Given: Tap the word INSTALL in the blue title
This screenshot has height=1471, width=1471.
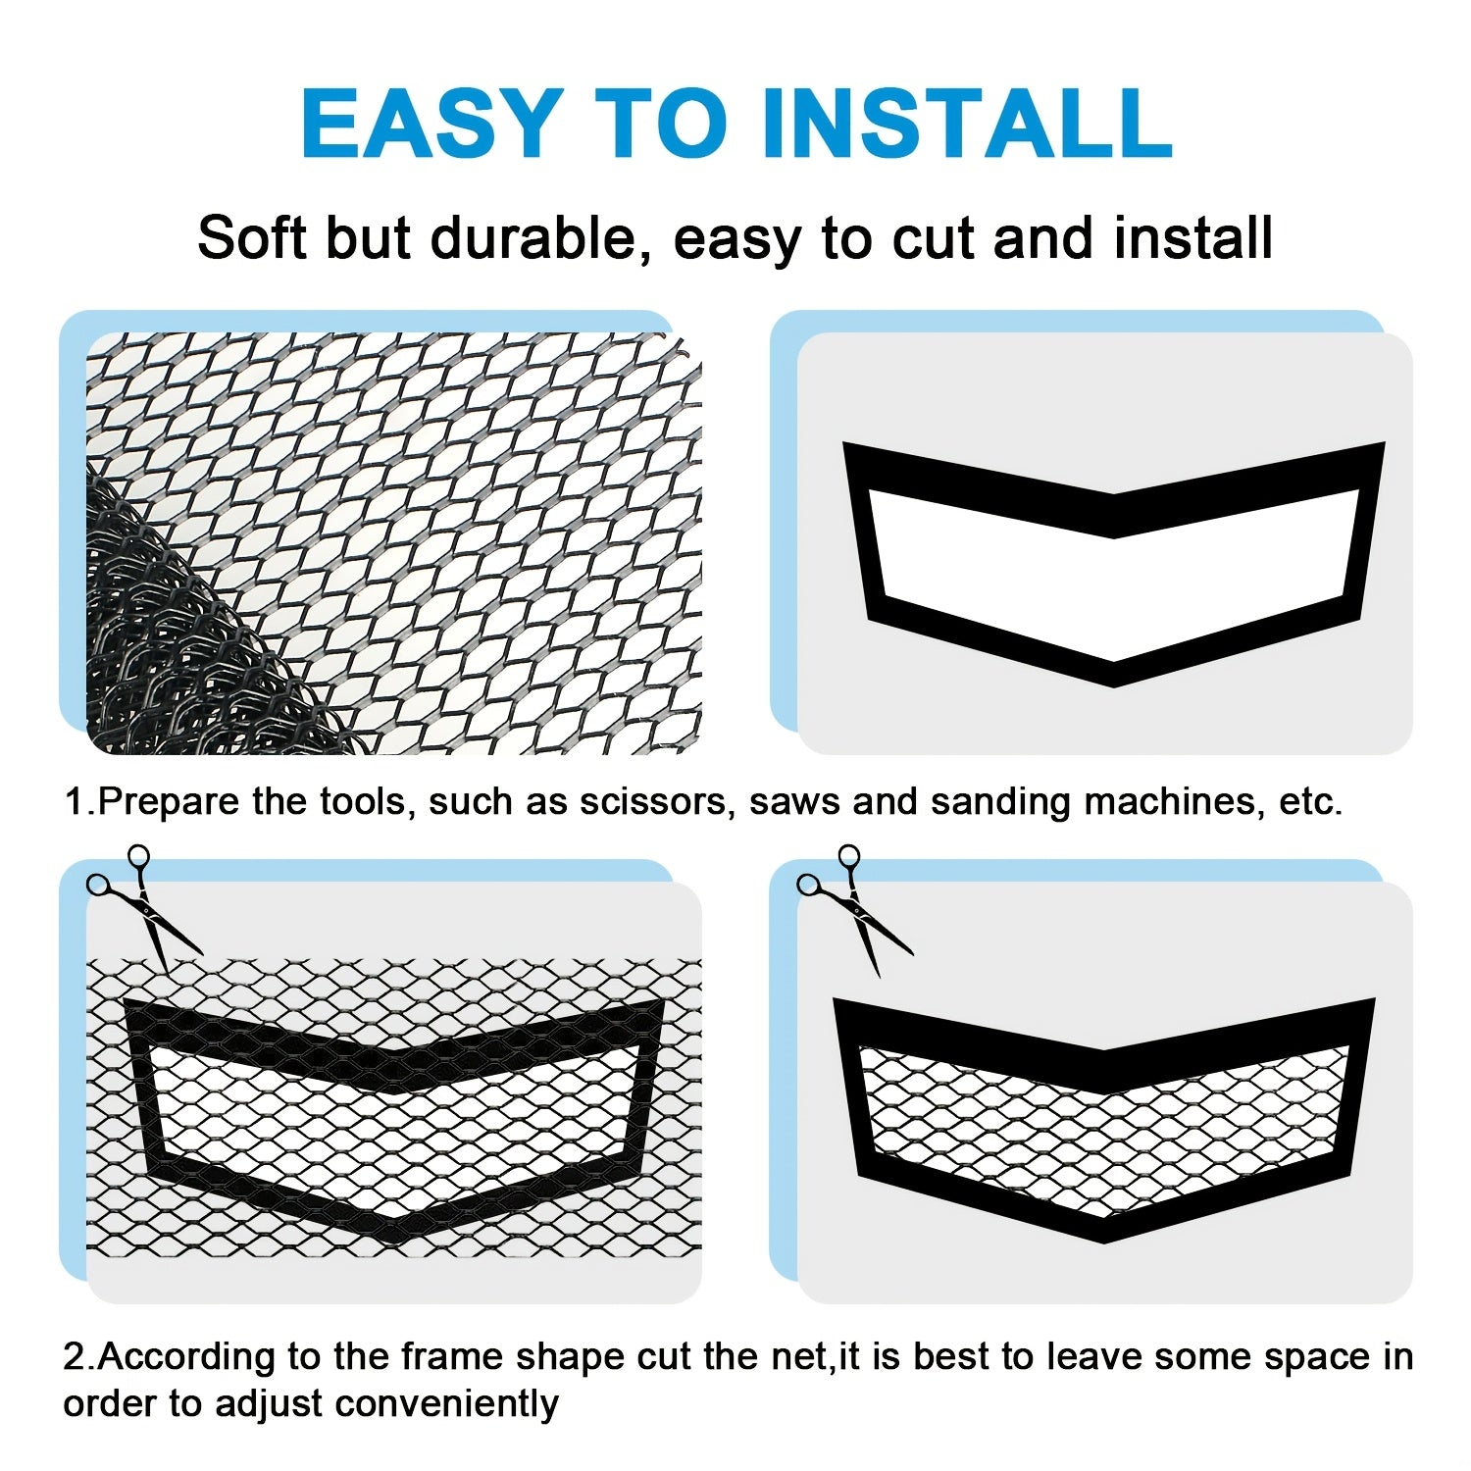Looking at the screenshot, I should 965,124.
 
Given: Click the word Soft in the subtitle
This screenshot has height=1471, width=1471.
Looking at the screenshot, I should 252,238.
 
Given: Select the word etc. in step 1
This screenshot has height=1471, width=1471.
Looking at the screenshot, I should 1310,801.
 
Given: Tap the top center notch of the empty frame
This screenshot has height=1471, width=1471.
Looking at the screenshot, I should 1114,515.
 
